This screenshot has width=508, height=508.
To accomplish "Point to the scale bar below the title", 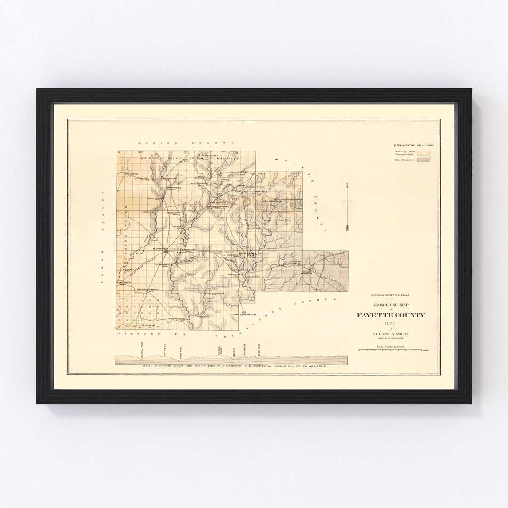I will [391, 350].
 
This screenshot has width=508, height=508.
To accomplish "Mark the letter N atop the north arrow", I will [347, 184].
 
